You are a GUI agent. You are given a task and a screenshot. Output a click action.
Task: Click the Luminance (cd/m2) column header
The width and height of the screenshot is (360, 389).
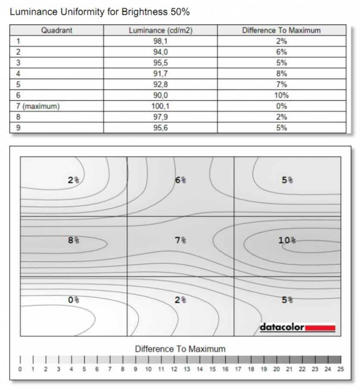[x=160, y=31]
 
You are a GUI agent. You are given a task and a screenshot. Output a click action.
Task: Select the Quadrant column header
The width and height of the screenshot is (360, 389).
[x=56, y=31]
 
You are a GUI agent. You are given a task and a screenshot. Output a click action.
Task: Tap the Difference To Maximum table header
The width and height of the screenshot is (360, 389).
[x=281, y=31]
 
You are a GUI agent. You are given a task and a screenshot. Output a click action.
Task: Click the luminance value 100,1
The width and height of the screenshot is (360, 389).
[x=160, y=106]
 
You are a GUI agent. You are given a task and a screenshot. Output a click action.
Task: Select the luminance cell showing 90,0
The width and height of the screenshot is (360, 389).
[x=160, y=95]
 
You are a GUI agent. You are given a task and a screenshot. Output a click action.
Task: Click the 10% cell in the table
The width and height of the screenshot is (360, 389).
[x=282, y=95]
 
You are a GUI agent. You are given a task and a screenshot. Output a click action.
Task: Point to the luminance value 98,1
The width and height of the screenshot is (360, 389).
[x=160, y=41]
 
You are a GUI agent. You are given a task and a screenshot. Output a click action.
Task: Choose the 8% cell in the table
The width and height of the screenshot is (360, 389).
[x=282, y=74]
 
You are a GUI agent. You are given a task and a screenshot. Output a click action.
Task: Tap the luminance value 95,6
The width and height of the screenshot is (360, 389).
[x=160, y=128]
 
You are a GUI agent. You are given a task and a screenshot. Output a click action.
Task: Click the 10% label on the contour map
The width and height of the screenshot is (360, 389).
[x=287, y=240]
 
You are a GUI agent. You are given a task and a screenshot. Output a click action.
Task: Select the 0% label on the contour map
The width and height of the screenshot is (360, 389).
[x=73, y=300]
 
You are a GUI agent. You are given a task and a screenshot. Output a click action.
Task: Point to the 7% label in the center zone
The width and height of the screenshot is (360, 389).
[x=180, y=240]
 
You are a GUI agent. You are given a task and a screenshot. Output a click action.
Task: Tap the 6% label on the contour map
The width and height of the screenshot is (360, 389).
[x=180, y=180]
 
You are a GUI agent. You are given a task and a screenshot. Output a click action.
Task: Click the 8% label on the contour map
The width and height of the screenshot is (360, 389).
[x=73, y=240]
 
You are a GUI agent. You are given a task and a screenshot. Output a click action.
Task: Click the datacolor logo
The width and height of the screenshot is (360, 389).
[x=297, y=327]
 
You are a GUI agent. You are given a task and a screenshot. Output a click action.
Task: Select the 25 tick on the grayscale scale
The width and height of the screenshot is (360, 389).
[x=341, y=369]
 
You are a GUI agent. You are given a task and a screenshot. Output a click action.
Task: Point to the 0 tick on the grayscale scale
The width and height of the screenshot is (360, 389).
[x=20, y=369]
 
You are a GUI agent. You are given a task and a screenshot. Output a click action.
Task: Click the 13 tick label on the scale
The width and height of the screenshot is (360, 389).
[x=187, y=369]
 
